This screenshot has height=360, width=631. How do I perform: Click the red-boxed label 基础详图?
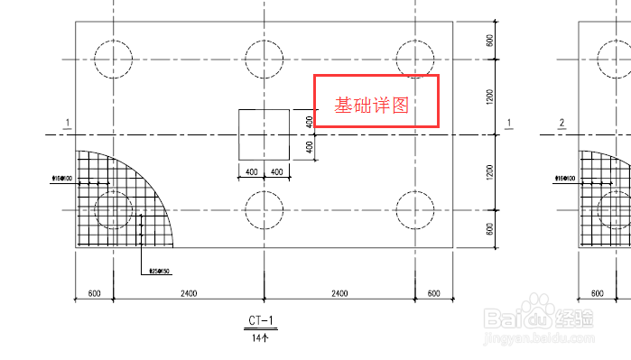[x=372, y=105]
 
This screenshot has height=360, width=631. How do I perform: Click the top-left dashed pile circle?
[x=114, y=60]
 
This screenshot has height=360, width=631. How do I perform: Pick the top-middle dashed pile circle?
[x=264, y=60]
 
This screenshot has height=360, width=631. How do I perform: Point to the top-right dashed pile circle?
[x=413, y=60]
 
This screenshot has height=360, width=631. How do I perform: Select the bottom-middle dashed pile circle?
[x=264, y=210]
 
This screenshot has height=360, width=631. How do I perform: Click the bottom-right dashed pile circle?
[x=413, y=210]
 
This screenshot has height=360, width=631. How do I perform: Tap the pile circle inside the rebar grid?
[x=114, y=210]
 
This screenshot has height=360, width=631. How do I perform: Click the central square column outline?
[x=264, y=134]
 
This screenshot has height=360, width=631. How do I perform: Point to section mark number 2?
[x=561, y=124]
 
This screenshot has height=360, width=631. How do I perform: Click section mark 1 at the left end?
[x=68, y=124]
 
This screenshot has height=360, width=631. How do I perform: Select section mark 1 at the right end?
[x=510, y=124]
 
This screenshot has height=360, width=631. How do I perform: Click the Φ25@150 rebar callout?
[x=160, y=271]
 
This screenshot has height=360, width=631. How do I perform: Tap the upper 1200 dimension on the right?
[x=489, y=97]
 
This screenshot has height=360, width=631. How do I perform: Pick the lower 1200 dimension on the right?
[x=489, y=172]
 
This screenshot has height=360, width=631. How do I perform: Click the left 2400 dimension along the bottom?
[x=188, y=293]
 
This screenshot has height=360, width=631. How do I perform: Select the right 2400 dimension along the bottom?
[x=339, y=293]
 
